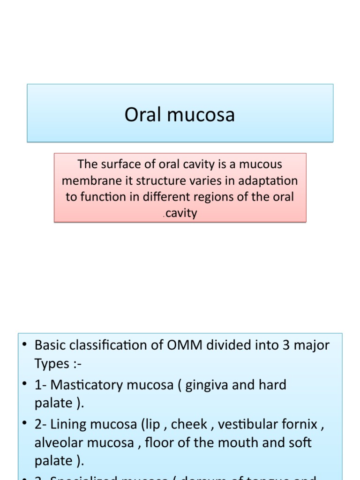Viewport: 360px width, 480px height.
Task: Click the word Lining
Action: click(x=67, y=425)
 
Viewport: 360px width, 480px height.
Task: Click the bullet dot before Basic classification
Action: click(x=25, y=345)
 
